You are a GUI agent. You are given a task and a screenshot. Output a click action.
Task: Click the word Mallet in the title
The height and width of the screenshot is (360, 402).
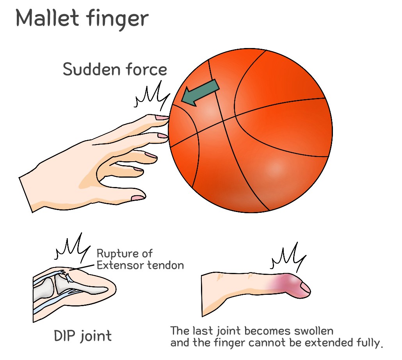tap(46, 18)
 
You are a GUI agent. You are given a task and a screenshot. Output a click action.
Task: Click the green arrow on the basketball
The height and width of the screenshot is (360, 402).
tap(200, 93)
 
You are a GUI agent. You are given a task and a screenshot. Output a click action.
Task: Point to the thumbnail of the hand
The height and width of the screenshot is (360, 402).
tap(137, 198)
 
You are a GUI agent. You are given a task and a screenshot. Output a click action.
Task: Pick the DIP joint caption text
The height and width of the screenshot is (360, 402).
tap(82, 335)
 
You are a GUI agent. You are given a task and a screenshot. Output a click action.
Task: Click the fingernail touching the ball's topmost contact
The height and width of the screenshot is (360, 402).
tap(160, 117)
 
